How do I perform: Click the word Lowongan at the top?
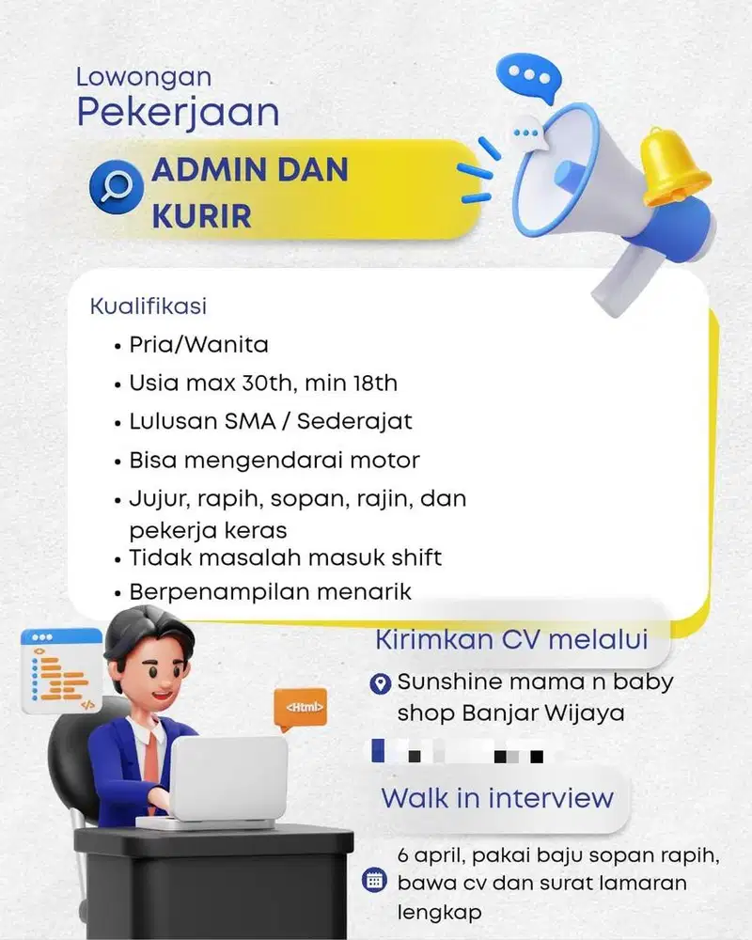pyautogui.click(x=144, y=76)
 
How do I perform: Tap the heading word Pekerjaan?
pyautogui.click(x=178, y=112)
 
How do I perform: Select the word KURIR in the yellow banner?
pyautogui.click(x=201, y=216)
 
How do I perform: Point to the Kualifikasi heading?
pyautogui.click(x=148, y=306)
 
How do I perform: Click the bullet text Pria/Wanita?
pyautogui.click(x=198, y=345)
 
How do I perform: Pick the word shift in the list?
pyautogui.click(x=411, y=557)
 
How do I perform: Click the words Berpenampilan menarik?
pyautogui.click(x=270, y=592)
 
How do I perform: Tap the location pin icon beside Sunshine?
pyautogui.click(x=380, y=683)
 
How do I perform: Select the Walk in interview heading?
pyautogui.click(x=496, y=799)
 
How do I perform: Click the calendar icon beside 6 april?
pyautogui.click(x=374, y=881)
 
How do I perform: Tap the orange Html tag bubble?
pyautogui.click(x=300, y=706)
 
